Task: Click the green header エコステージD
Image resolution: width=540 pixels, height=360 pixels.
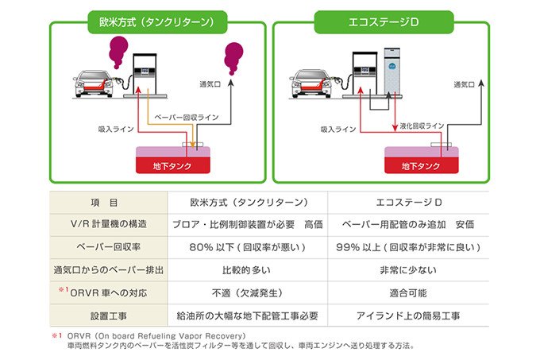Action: [380, 20]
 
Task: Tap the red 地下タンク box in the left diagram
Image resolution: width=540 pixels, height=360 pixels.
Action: [174, 166]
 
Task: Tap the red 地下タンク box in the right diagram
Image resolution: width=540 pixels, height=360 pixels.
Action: [421, 166]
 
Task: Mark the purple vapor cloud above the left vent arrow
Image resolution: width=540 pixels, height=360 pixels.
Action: [233, 56]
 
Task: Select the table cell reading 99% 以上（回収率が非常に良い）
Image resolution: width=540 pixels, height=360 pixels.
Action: [407, 247]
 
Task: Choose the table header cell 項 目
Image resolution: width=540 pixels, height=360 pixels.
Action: [108, 203]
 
